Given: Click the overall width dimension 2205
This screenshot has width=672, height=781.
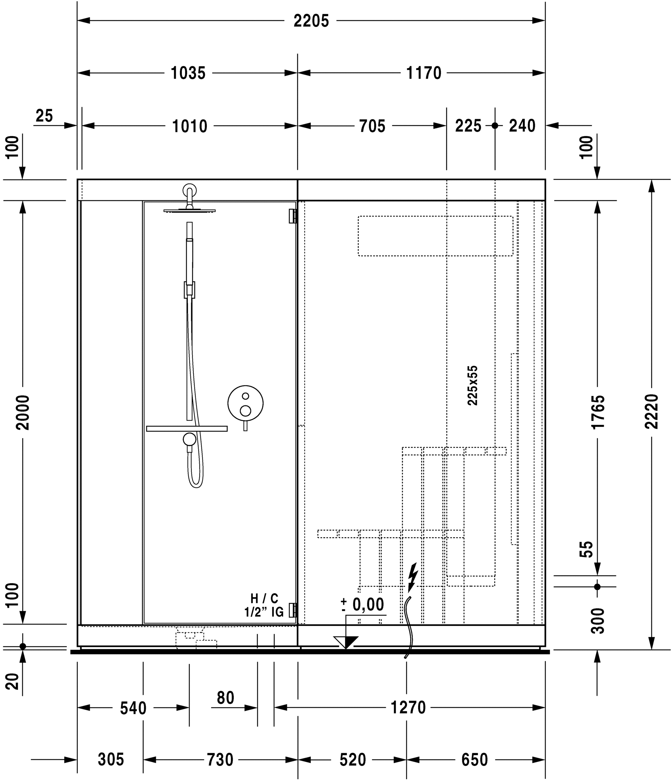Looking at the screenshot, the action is pyautogui.click(x=311, y=21).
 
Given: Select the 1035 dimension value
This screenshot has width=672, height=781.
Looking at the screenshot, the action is pyautogui.click(x=188, y=73).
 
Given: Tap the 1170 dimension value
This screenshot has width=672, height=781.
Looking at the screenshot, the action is pyautogui.click(x=424, y=73).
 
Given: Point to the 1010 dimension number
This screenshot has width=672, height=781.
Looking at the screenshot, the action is pyautogui.click(x=190, y=126).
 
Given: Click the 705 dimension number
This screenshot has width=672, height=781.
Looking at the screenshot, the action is pyautogui.click(x=372, y=126).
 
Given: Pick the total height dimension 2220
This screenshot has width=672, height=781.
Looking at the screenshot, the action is pyautogui.click(x=652, y=412).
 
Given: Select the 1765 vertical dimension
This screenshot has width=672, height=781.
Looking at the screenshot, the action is pyautogui.click(x=598, y=412).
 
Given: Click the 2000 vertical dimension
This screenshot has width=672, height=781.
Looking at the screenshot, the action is pyautogui.click(x=23, y=412).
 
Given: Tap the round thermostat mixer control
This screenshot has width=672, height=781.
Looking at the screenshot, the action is pyautogui.click(x=245, y=403).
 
